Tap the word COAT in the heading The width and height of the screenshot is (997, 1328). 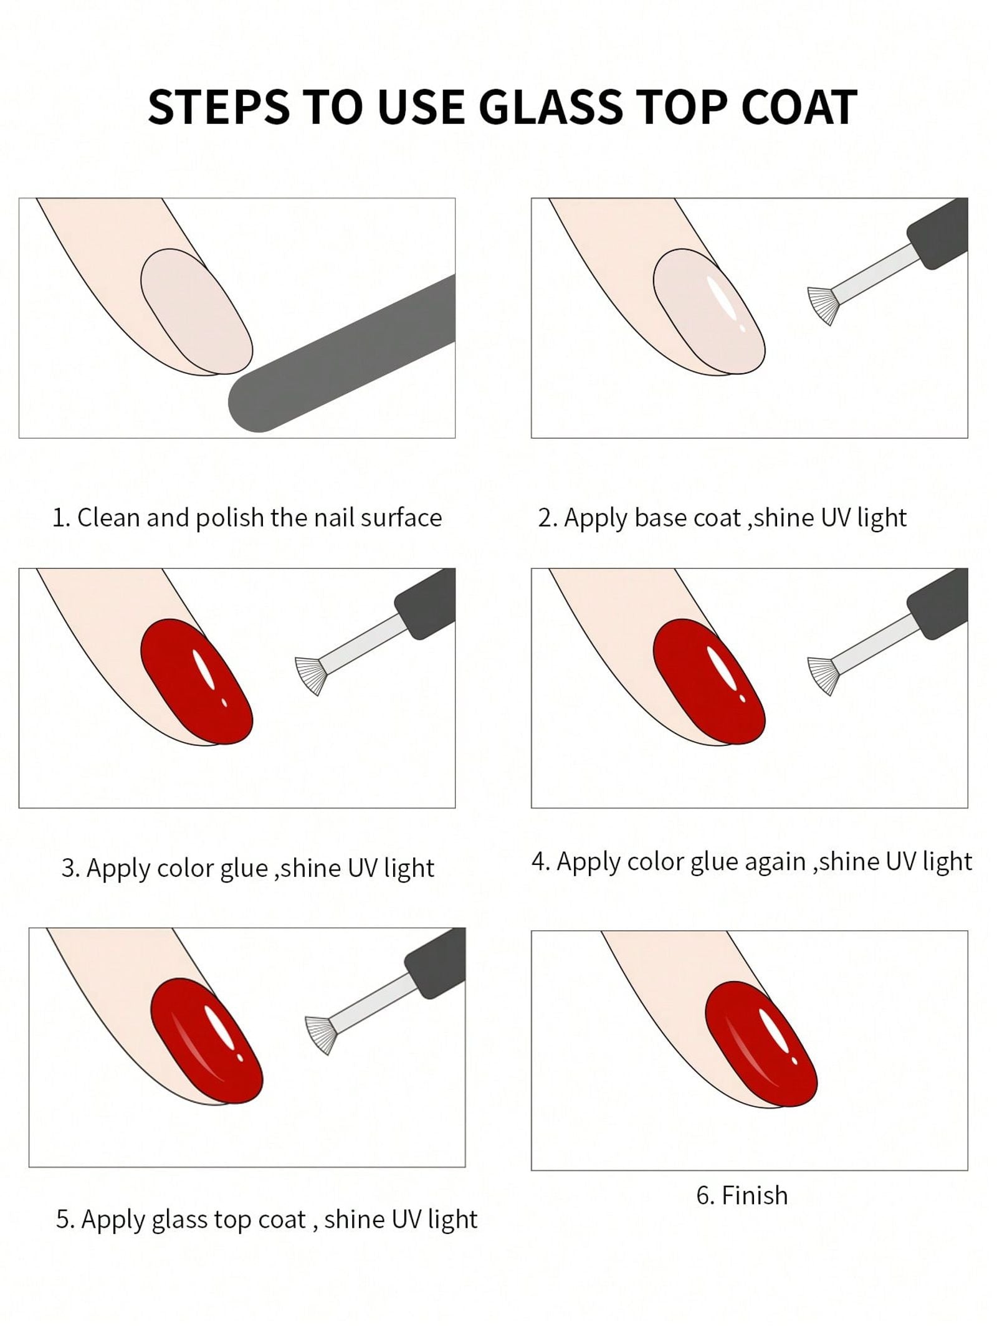coord(799,107)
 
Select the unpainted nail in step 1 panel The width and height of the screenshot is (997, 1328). coord(196,312)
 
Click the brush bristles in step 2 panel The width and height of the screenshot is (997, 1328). coord(821,305)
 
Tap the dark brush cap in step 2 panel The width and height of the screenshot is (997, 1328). coord(937,234)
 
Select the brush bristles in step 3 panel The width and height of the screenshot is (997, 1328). coord(308,675)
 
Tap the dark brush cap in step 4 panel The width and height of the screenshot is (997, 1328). coord(937,603)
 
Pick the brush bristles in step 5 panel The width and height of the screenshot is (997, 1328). coord(319,1034)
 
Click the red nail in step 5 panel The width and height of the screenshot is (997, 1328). coord(207,1041)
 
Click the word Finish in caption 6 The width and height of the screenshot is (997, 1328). coord(754,1195)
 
